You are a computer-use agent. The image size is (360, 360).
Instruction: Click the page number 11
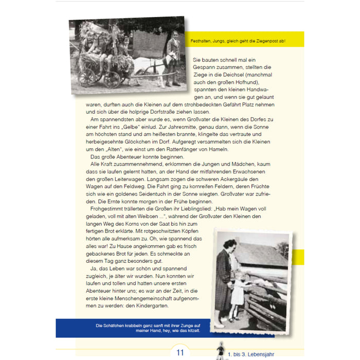click(179, 353)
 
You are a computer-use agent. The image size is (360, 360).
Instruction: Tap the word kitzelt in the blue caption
click(190, 331)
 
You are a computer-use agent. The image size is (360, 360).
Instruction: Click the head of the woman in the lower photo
click(229, 245)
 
